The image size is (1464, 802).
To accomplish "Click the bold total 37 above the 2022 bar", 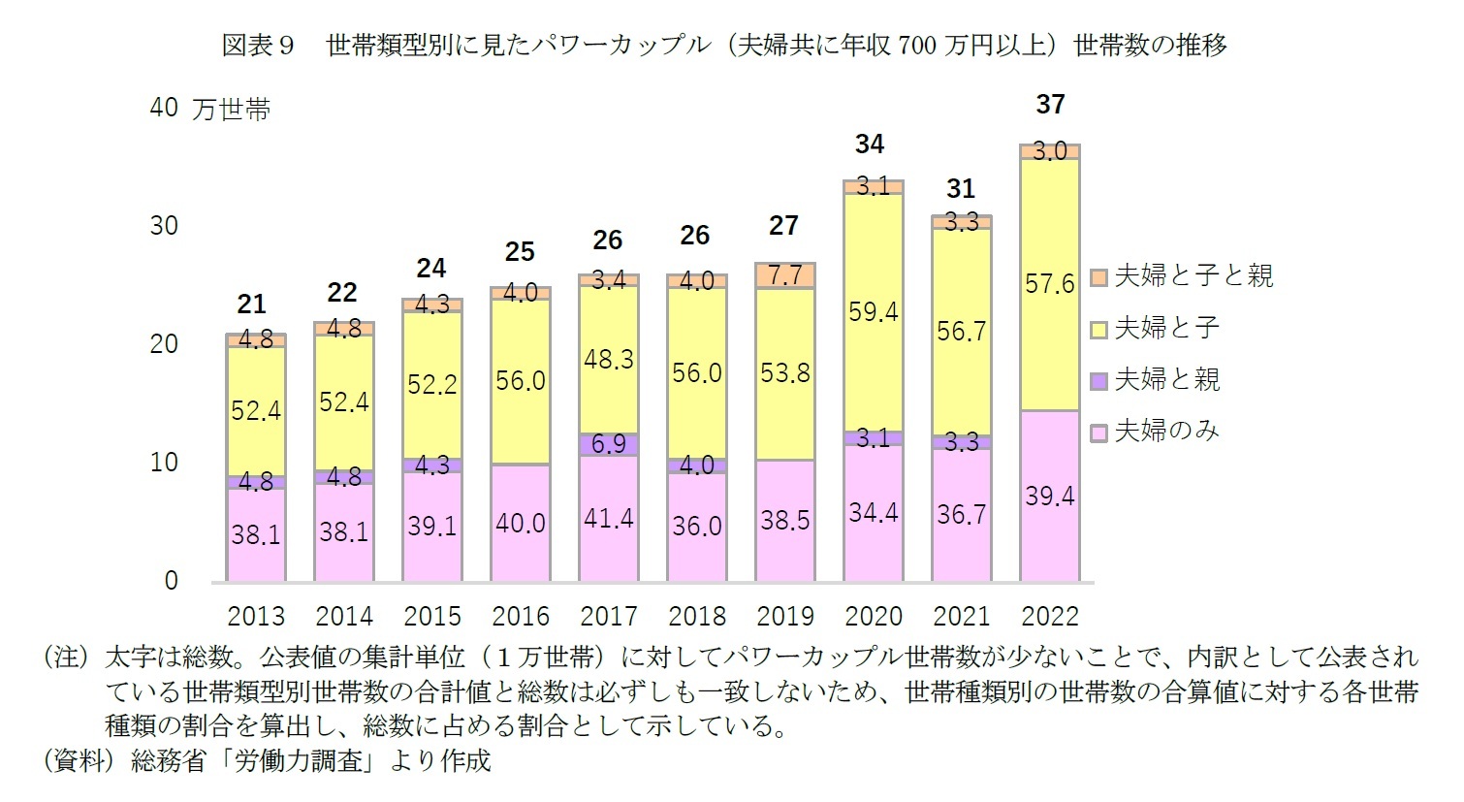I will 1050,105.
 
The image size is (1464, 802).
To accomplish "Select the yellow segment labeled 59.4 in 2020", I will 873,312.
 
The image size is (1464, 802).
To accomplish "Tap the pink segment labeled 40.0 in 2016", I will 521,523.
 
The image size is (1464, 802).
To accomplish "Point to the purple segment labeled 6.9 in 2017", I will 609,444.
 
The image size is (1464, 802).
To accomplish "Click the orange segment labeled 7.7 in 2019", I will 784,275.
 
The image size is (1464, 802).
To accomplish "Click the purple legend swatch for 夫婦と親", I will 1098,381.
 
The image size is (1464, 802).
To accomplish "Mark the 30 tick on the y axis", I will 164,226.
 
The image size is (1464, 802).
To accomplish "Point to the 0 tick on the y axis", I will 172,581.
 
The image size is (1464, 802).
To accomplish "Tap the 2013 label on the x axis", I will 256,617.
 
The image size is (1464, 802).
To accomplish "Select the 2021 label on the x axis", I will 961,617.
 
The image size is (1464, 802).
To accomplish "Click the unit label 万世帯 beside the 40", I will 232,110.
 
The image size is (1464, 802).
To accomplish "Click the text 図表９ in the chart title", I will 258,45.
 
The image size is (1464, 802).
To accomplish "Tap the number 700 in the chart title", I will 916,45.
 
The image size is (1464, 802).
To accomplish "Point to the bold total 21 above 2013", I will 251,305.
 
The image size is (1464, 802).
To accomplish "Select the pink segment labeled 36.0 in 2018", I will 697,526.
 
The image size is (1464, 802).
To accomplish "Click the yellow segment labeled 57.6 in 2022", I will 1050,284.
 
